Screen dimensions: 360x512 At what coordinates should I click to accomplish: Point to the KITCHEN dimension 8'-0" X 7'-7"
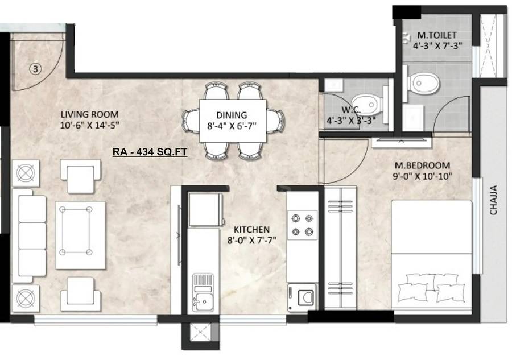(251, 240)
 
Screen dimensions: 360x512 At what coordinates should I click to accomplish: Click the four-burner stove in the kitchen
(302, 224)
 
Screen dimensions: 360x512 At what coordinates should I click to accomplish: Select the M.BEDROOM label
(423, 166)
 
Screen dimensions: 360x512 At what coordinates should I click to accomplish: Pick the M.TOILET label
(437, 35)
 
